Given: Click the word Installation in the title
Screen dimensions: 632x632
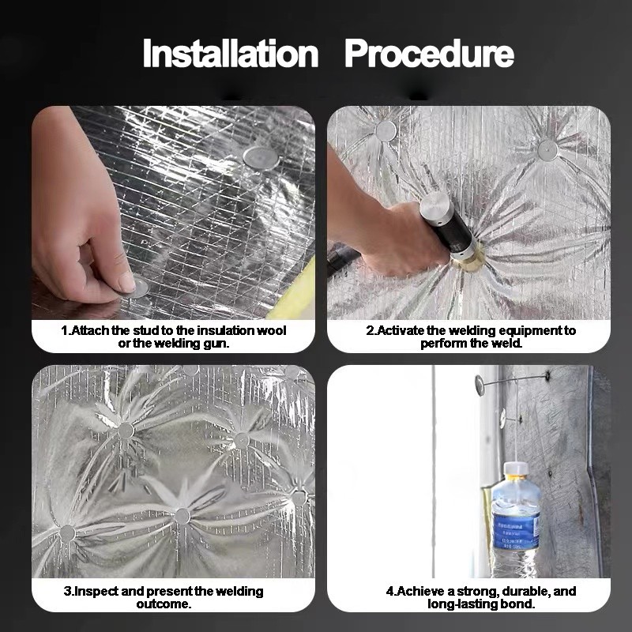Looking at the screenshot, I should [230, 54].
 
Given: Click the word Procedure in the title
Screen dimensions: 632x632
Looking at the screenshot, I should [429, 54].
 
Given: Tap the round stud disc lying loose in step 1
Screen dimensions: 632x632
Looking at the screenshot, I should [260, 156].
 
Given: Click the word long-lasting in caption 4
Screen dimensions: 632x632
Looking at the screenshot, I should [462, 604].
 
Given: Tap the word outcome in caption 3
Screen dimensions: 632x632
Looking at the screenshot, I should [168, 604].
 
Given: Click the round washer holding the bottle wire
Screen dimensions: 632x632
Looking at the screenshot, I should [480, 386].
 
